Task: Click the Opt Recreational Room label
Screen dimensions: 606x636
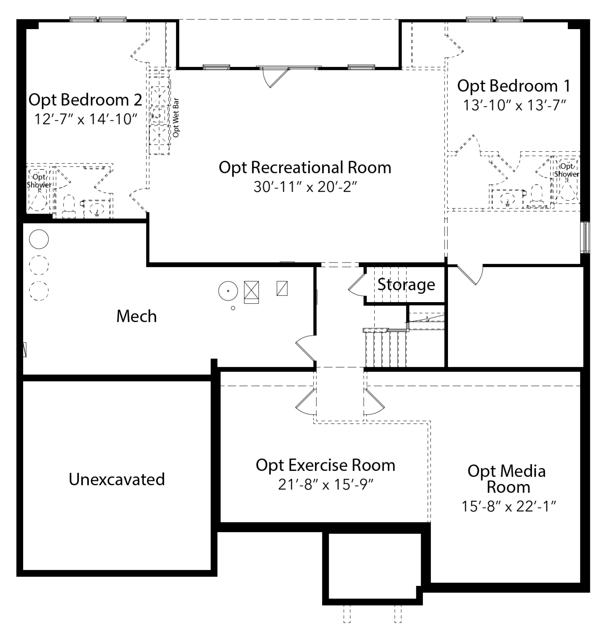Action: pos(305,168)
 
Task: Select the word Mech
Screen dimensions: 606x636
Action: pos(136,316)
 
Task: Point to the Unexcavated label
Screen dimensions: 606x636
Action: pos(117,479)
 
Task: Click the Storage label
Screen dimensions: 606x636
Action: pos(406,285)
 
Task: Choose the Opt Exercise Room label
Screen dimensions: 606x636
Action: pos(325,466)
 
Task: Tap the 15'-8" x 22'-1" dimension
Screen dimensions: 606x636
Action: pos(509,507)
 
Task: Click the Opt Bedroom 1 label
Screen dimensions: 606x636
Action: pos(514,86)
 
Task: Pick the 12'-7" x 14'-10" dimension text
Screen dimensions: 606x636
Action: pos(86,119)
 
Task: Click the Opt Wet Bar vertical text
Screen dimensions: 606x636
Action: pos(176,118)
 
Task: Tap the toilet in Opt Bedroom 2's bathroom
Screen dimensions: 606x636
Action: pos(69,206)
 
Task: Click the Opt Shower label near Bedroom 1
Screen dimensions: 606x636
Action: pos(567,170)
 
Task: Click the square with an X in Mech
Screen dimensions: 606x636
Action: pos(251,292)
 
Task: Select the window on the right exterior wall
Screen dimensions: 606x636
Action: pos(585,237)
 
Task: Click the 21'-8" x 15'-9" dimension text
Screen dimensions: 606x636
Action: pos(326,485)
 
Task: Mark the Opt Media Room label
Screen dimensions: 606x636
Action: pos(507,479)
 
